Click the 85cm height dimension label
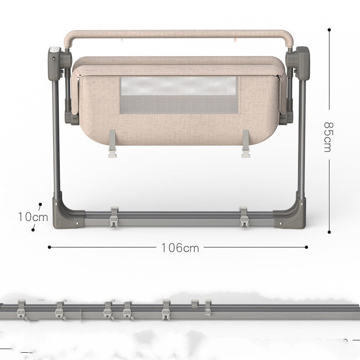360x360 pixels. click(x=328, y=137)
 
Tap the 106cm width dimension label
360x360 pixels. click(x=180, y=248)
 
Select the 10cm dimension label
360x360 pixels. click(x=33, y=217)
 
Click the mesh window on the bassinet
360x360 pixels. click(x=179, y=95)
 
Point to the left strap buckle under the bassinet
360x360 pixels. click(x=113, y=144)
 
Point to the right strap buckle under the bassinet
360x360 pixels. click(x=246, y=144)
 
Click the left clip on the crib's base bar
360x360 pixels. click(x=114, y=217)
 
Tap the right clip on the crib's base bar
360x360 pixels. click(x=244, y=217)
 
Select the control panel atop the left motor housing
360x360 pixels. click(x=55, y=50)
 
